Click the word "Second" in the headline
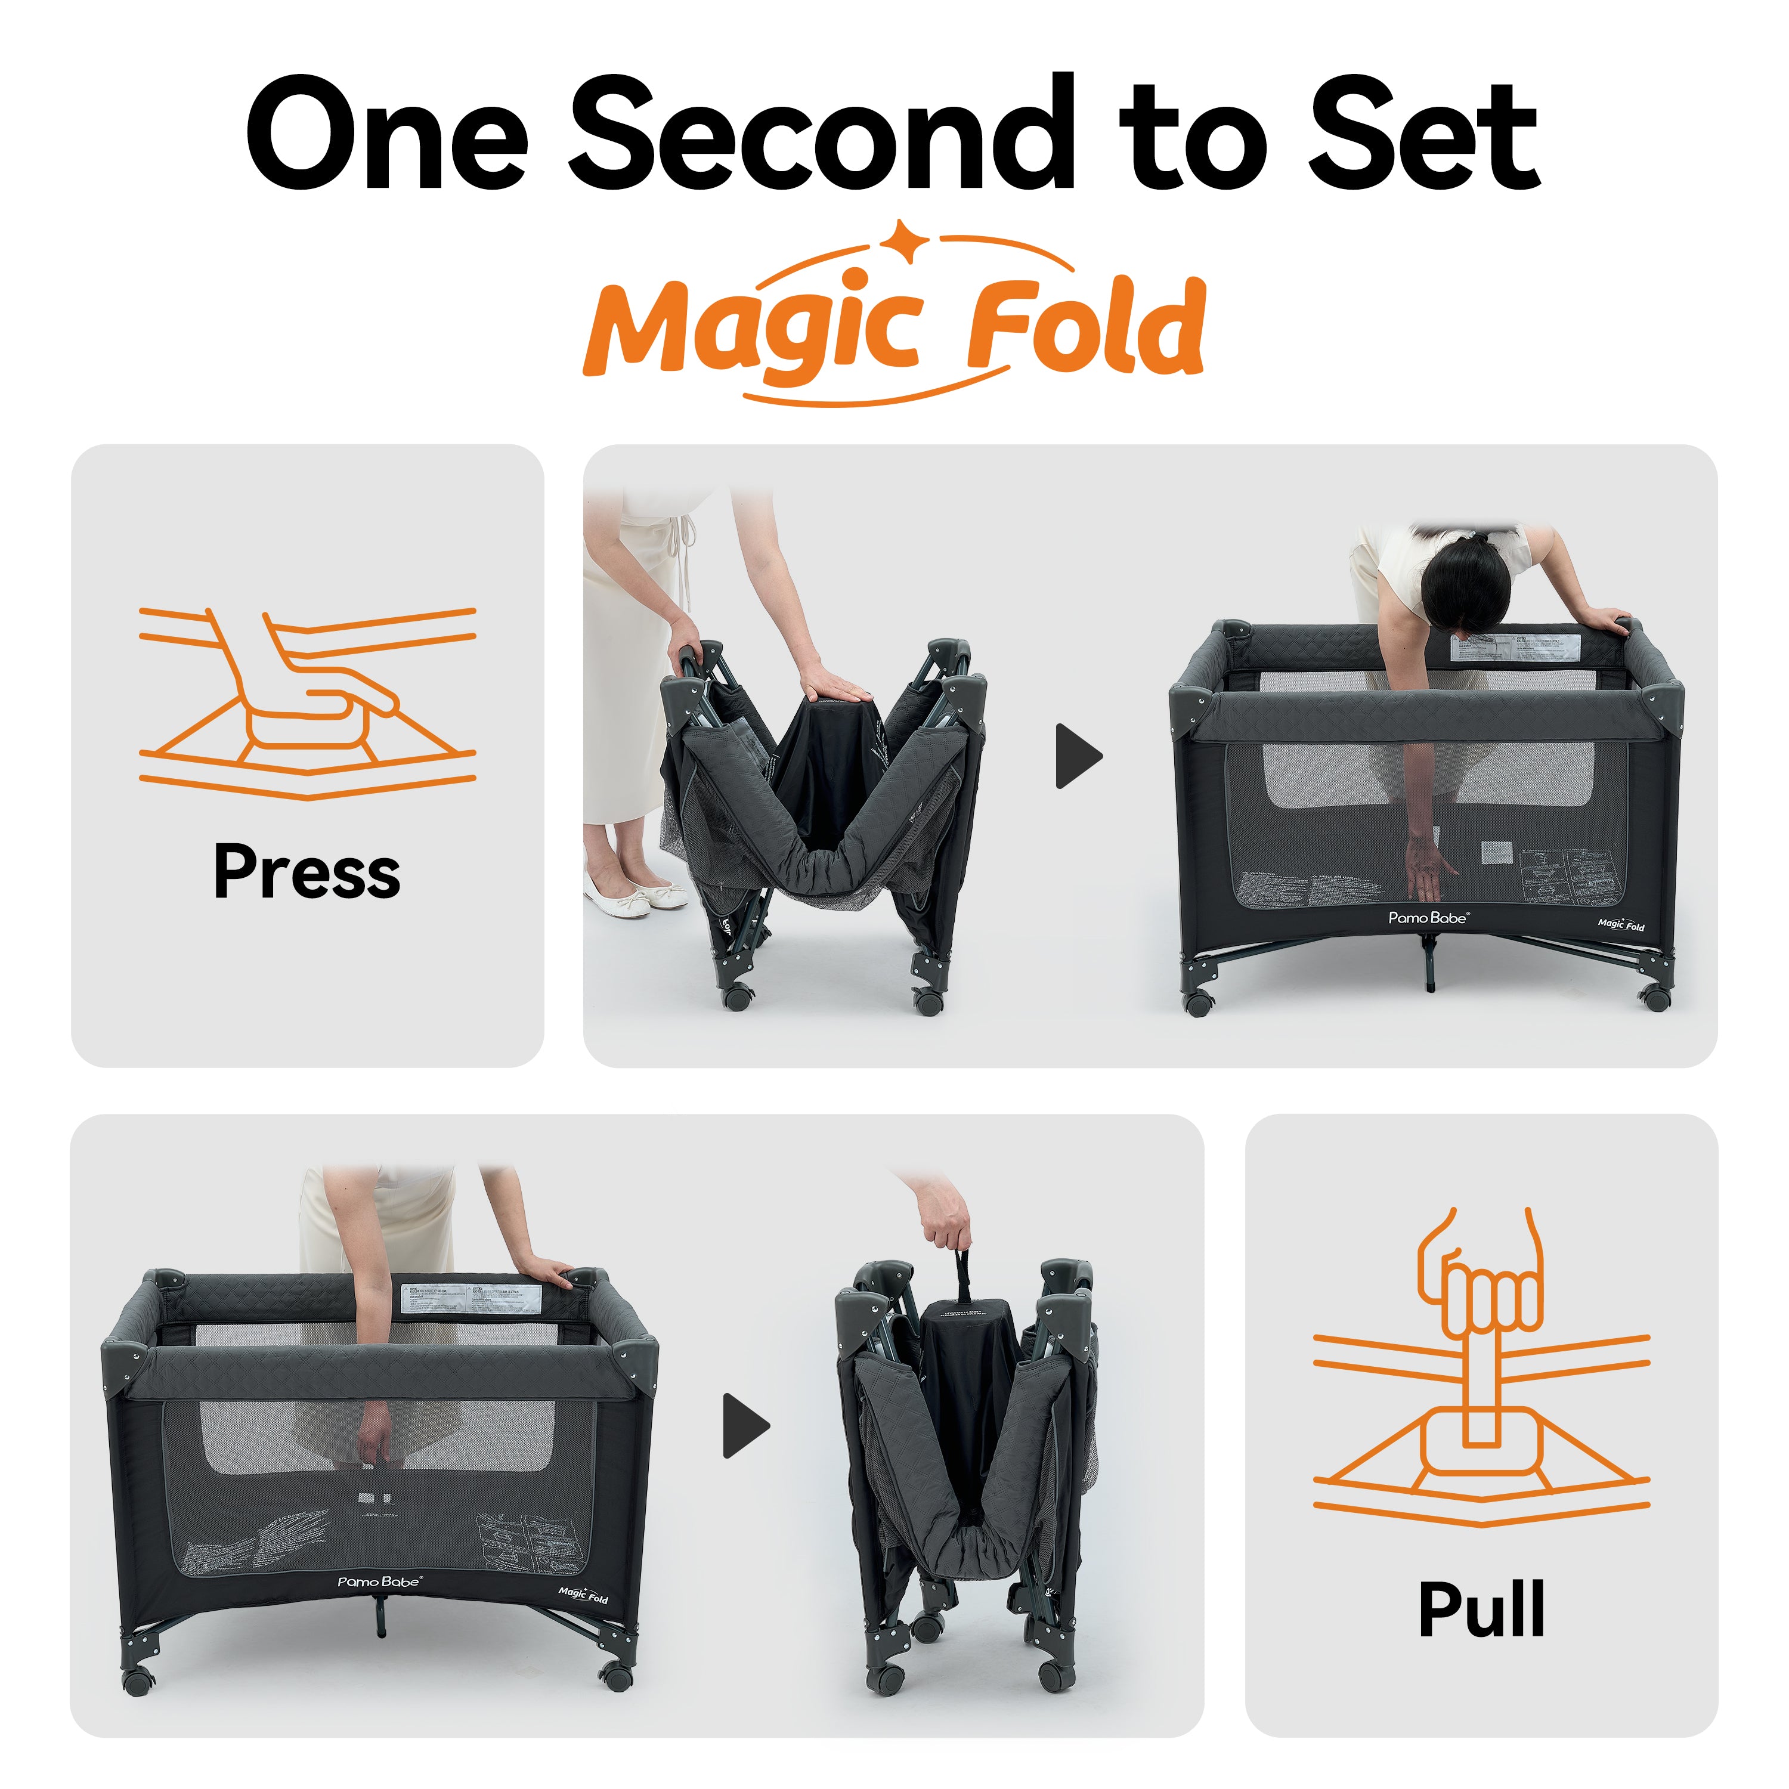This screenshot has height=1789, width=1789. (x=819, y=134)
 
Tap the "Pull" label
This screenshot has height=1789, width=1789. (x=1481, y=1610)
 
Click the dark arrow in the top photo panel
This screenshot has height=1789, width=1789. (x=1079, y=757)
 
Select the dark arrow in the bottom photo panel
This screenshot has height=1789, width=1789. (x=745, y=1425)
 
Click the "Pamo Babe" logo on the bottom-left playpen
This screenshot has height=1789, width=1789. (x=379, y=1581)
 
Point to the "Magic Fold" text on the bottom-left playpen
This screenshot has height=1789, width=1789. (x=583, y=1595)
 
